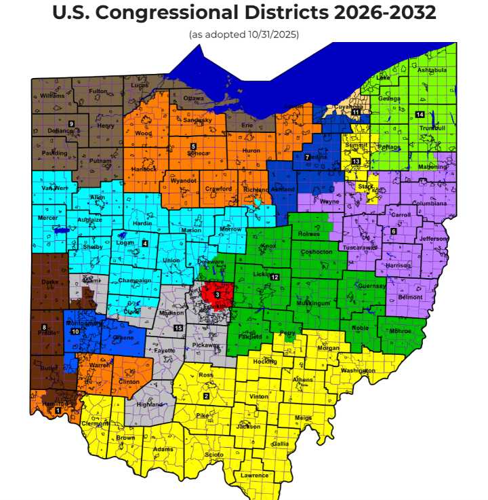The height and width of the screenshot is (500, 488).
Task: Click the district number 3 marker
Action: (x=217, y=294)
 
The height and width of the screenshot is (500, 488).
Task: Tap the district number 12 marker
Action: (x=274, y=277)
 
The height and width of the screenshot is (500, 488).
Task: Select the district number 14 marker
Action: (x=420, y=114)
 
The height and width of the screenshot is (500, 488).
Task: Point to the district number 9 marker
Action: (x=70, y=123)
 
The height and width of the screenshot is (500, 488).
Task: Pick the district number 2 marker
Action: (x=206, y=396)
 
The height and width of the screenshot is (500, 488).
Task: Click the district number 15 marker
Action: (x=178, y=328)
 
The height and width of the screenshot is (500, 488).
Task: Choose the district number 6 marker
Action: (x=393, y=231)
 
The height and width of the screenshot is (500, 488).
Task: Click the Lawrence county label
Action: (x=255, y=476)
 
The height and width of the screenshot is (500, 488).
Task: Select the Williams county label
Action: (x=52, y=96)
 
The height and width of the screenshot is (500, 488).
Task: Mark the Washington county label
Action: (x=358, y=370)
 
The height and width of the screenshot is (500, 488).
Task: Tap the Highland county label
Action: (x=150, y=404)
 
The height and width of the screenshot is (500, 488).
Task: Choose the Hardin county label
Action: (x=142, y=223)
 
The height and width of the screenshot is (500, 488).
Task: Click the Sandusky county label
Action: (x=198, y=120)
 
